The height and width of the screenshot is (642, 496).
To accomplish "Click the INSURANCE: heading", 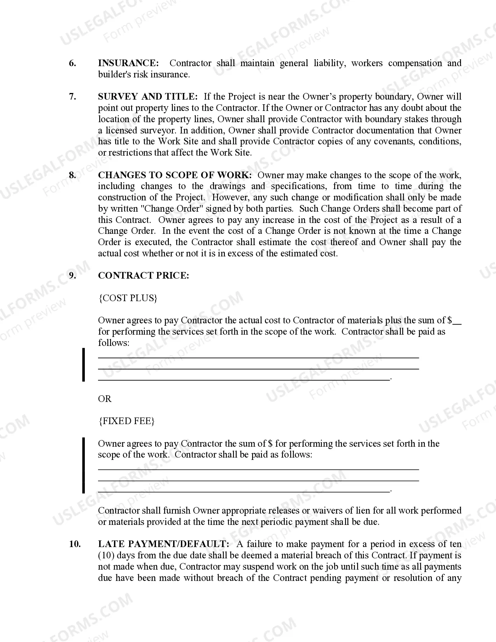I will pyautogui.click(x=128, y=63).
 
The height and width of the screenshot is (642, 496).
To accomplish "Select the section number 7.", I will pyautogui.click(x=73, y=96).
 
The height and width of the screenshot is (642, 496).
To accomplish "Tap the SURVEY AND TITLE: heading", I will pyautogui.click(x=148, y=96).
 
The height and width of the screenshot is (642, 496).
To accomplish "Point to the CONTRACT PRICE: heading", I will pyautogui.click(x=144, y=275).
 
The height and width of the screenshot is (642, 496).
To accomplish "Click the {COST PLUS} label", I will pyautogui.click(x=128, y=298).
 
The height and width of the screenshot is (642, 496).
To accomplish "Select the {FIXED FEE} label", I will pyautogui.click(x=126, y=421).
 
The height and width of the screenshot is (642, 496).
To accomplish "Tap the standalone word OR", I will pyautogui.click(x=105, y=399).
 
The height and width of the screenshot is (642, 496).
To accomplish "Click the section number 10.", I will pyautogui.click(x=75, y=544).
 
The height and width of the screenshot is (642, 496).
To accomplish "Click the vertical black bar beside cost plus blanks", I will pyautogui.click(x=83, y=365).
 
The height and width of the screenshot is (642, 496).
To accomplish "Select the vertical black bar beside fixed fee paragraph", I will pyautogui.click(x=83, y=465).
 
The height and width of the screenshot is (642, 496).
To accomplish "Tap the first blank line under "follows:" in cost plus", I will pyautogui.click(x=258, y=357).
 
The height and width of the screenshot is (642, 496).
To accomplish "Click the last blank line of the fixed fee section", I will pyautogui.click(x=244, y=492).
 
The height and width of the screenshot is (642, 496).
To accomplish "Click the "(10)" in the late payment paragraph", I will pyautogui.click(x=106, y=555).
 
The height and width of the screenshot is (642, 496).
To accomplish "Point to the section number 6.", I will pyautogui.click(x=73, y=63).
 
